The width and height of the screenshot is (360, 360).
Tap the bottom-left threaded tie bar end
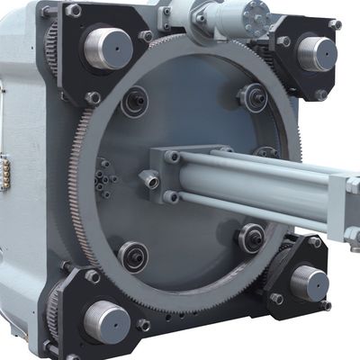[x=107, y=320]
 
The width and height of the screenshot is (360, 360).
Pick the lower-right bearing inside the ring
[x=250, y=238]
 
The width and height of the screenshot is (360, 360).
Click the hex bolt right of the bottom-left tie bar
[x=145, y=324]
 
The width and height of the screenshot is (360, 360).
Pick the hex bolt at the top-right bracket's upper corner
[x=335, y=24]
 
